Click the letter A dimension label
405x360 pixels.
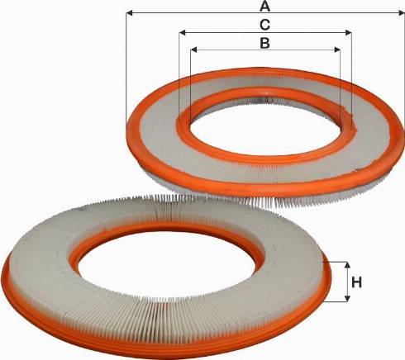(x=264, y=7)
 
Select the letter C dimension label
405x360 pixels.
(x=264, y=25)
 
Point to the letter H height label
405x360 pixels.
(x=357, y=283)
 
